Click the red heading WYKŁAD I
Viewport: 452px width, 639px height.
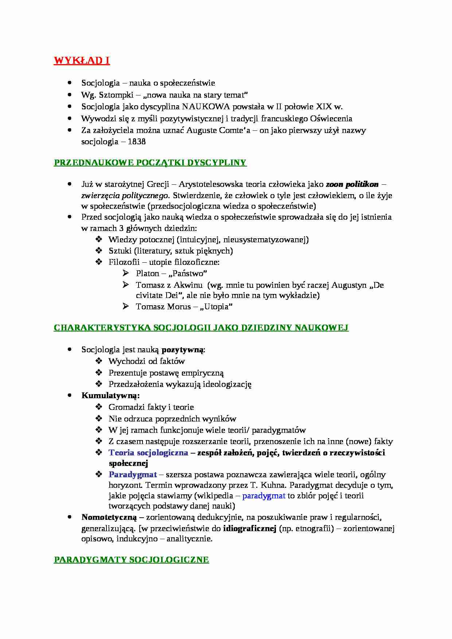[x=82, y=60]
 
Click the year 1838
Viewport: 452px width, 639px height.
[x=137, y=142]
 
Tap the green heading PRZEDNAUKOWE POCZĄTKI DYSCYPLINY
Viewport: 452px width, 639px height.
[x=150, y=163]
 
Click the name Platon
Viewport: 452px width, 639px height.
[x=147, y=274]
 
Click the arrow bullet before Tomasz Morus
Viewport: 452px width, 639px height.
[x=126, y=306]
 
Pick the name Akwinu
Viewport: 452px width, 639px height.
[x=187, y=285]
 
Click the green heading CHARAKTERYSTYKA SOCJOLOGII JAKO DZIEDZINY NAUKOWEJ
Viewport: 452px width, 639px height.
[x=201, y=328]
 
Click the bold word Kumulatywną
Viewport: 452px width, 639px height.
[x=110, y=396]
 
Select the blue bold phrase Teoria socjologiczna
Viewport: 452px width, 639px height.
[x=148, y=453]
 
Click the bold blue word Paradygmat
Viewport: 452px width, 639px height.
[x=133, y=475]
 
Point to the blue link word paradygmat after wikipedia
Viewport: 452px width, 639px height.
[x=264, y=496]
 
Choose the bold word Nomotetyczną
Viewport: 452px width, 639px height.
[x=109, y=517]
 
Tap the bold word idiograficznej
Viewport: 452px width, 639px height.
[x=250, y=529]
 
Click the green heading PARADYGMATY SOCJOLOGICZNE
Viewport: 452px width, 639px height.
[x=131, y=560]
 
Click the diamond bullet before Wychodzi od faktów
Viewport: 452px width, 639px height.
[x=99, y=361]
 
